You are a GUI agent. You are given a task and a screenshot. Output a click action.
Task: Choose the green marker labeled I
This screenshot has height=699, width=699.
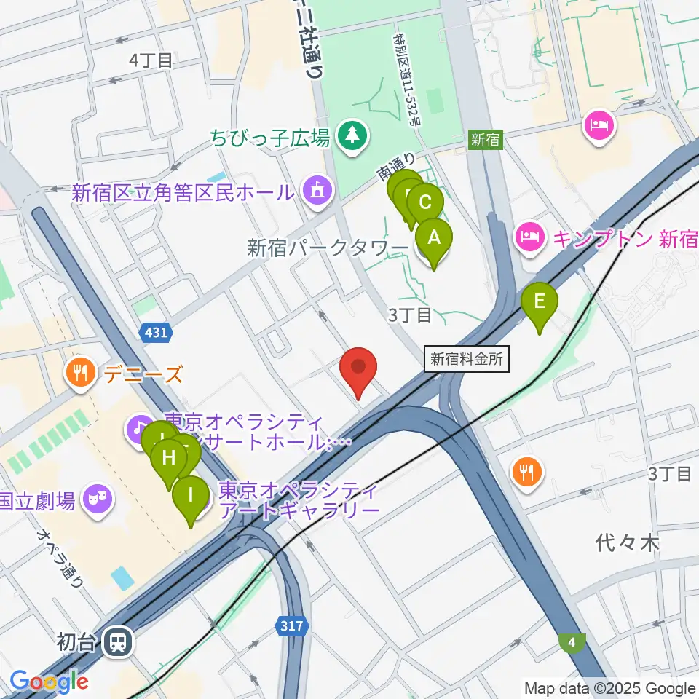coord(191,498)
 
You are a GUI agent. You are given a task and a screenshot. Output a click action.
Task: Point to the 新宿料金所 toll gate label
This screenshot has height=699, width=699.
coord(465,358)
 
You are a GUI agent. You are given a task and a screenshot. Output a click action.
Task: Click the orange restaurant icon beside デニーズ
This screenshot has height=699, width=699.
coord(79,374)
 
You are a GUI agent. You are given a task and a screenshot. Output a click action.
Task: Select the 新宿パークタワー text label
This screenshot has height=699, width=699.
coord(327,248)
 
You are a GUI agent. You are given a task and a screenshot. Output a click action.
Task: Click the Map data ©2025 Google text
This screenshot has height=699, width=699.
coord(609,688)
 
